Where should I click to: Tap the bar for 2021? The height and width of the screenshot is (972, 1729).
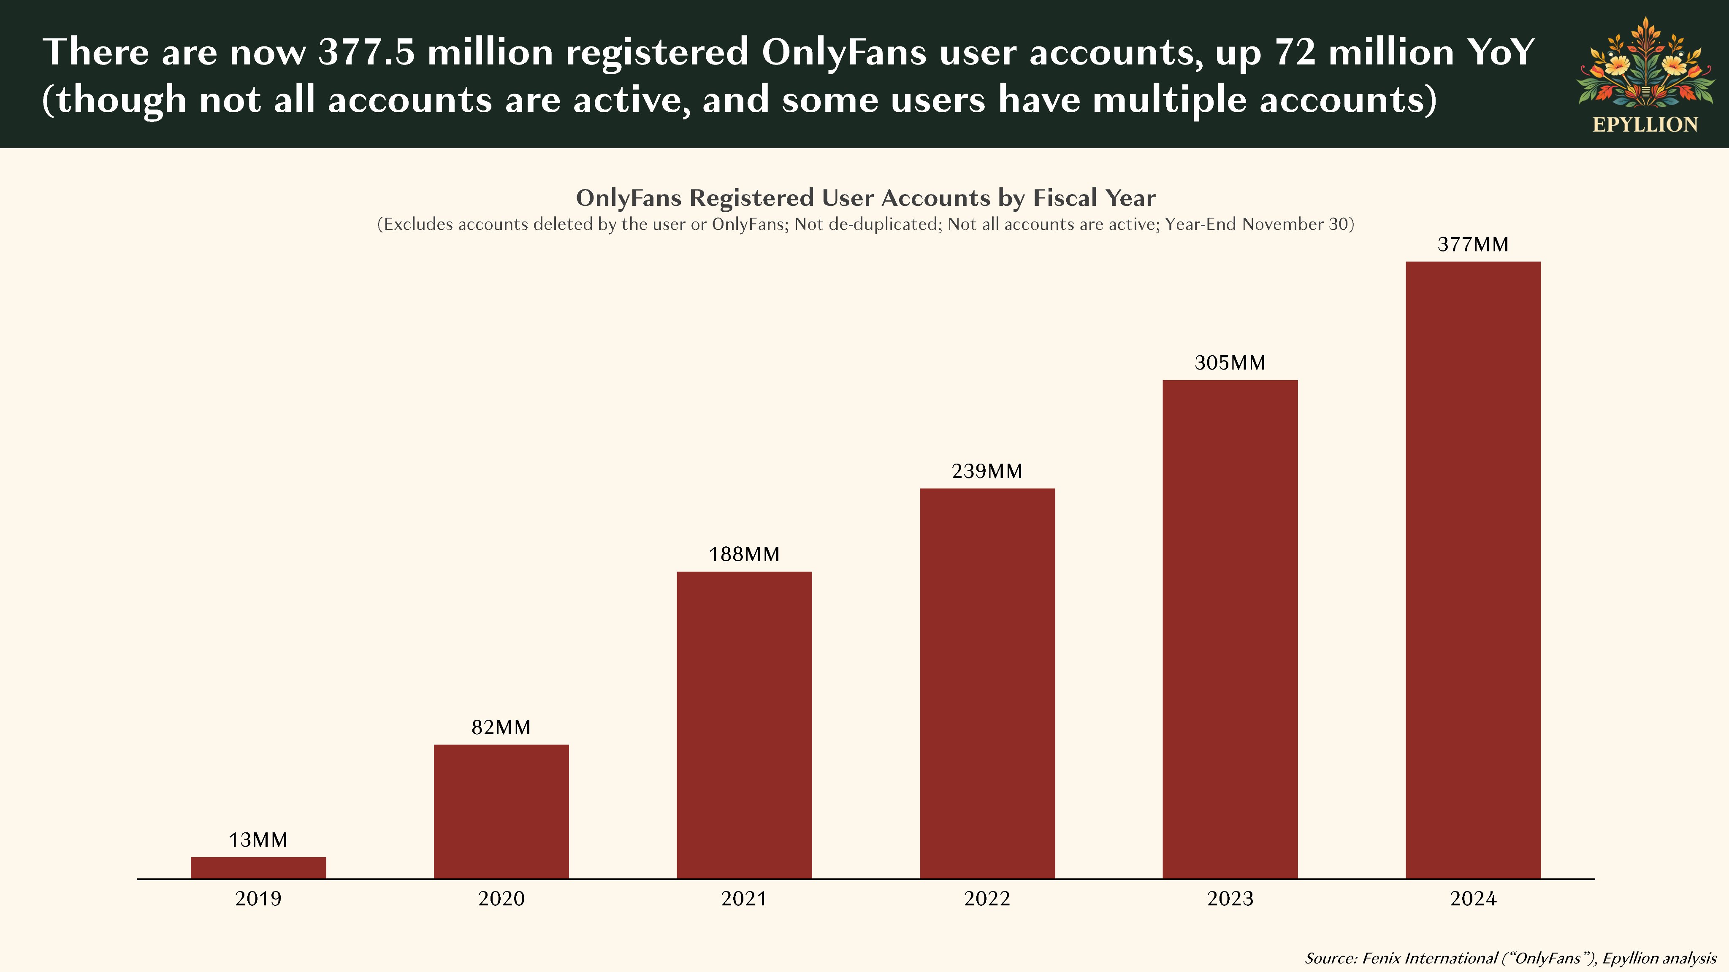pos(744,724)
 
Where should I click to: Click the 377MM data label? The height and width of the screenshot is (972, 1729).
pos(1473,244)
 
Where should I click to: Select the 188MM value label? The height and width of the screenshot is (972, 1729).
pos(744,554)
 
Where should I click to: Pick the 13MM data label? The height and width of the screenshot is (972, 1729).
pos(258,840)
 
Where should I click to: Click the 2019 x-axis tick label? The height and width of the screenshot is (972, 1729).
pos(258,898)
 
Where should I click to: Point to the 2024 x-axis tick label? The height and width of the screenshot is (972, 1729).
pos(1473,898)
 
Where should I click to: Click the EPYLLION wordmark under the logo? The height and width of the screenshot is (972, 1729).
pos(1645,125)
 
